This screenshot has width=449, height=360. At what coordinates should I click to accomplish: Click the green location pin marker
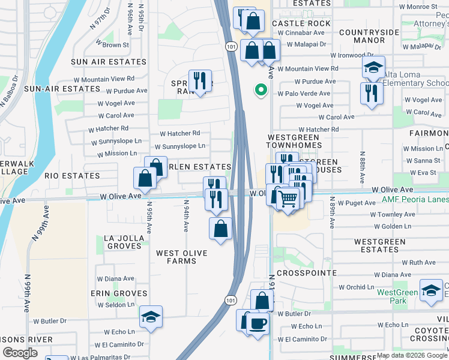(261, 90)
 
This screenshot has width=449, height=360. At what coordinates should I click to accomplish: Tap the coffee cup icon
(258, 323)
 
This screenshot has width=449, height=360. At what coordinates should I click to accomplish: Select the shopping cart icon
(289, 197)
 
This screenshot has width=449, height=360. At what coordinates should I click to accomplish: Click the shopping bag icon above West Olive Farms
(221, 228)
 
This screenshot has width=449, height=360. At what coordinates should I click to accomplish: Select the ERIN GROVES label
(118, 293)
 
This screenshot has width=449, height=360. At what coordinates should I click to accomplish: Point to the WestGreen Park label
(397, 296)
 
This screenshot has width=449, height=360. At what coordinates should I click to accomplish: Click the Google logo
(20, 353)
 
